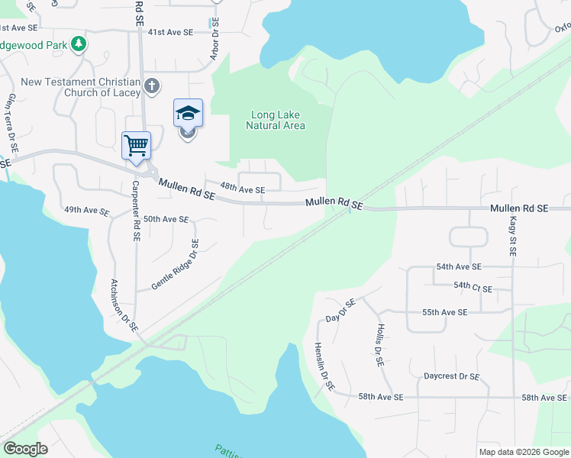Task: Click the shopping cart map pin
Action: pyautogui.click(x=136, y=145)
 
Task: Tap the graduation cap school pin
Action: pyautogui.click(x=188, y=114)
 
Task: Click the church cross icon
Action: pyautogui.click(x=152, y=85)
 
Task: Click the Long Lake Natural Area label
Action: pyautogui.click(x=276, y=121)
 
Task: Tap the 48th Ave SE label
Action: pyautogui.click(x=242, y=189)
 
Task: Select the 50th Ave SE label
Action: pyautogui.click(x=166, y=219)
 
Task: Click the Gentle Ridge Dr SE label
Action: pyautogui.click(x=176, y=265)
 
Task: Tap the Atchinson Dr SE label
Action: pyautogui.click(x=124, y=304)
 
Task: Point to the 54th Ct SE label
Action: pyautogui.click(x=473, y=288)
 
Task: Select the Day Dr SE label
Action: pyautogui.click(x=340, y=309)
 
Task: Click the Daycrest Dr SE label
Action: pyautogui.click(x=452, y=376)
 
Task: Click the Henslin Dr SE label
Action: pyautogui.click(x=324, y=365)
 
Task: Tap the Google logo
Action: pyautogui.click(x=25, y=449)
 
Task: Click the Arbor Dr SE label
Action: pyautogui.click(x=215, y=40)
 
